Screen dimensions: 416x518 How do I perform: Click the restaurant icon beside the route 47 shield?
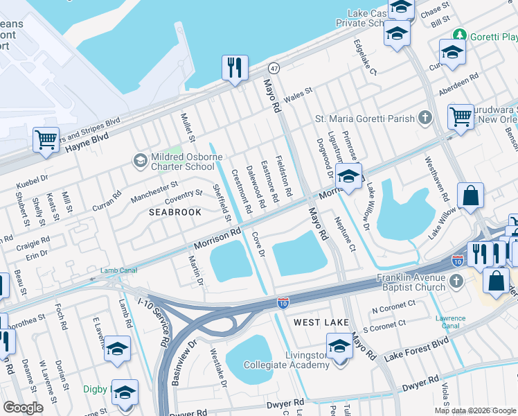[x=235, y=69]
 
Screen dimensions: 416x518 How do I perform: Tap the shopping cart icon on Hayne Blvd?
[x=46, y=139]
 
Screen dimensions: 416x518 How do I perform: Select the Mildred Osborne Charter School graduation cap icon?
[x=140, y=161]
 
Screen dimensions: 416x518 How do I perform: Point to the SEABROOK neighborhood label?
[x=175, y=212]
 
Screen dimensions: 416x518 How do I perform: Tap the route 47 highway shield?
[x=274, y=69]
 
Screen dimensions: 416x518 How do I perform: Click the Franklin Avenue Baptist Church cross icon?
[x=455, y=281]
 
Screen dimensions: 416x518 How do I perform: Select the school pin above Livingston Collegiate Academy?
[x=339, y=345]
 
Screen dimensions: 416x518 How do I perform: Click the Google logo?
[x=23, y=408]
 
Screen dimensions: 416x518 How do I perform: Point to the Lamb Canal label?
[x=116, y=270]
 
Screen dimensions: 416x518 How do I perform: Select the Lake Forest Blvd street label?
[x=417, y=348]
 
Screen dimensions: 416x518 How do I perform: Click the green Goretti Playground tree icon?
[x=458, y=35]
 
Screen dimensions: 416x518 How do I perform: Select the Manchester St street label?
[x=154, y=189]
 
